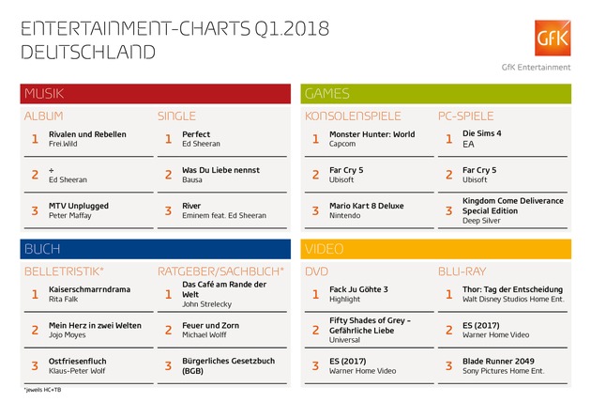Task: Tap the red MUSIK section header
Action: [x=156, y=93]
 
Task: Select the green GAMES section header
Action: [x=436, y=93]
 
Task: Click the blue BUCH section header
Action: [x=156, y=248]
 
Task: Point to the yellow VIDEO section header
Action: [x=436, y=248]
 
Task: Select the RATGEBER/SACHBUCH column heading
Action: [x=220, y=271]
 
